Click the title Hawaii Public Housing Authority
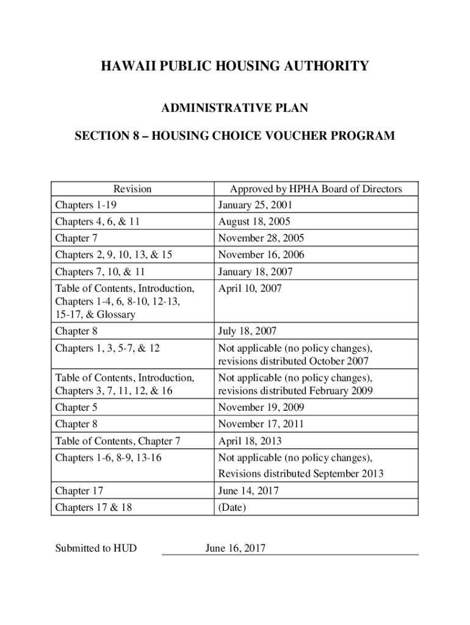[x=234, y=65]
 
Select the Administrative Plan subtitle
[x=234, y=109]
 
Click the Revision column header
[x=132, y=189]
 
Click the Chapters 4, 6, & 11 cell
[x=98, y=222]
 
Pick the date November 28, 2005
[x=261, y=238]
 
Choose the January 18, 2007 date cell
[x=255, y=272]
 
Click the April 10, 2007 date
[x=250, y=288]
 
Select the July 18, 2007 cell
[x=247, y=331]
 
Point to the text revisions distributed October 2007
[x=293, y=361]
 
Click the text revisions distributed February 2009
[x=295, y=391]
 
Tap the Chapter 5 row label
[x=76, y=407]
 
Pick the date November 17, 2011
[x=261, y=424]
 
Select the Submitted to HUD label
[x=96, y=548]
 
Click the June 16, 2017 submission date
[x=236, y=548]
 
